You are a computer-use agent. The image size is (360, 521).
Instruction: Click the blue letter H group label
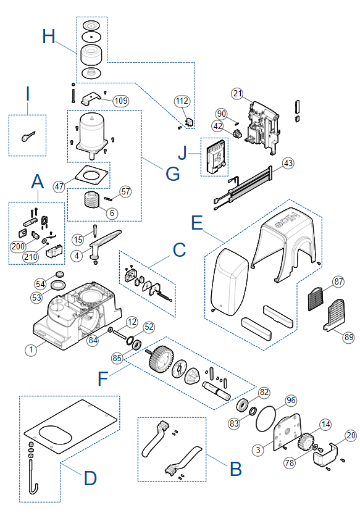coord(49,36)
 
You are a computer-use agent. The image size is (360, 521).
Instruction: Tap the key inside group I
coord(28,136)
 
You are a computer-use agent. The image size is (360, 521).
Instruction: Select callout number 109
coord(120,101)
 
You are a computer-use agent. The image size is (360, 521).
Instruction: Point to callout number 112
coord(182,101)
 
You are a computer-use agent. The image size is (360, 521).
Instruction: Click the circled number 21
coord(237,93)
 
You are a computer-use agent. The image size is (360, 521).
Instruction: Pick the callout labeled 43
coord(288,163)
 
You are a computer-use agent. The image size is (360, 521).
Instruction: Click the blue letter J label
coord(183,152)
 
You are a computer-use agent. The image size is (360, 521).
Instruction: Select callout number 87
coord(338,281)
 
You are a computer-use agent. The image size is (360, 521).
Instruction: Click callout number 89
coord(348,337)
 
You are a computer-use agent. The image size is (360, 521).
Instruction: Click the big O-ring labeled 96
coord(266,419)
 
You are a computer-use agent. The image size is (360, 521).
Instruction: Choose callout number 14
coord(325,425)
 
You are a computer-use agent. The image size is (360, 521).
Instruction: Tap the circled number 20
coord(351,435)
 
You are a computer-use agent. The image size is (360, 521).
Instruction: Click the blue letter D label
coord(90,478)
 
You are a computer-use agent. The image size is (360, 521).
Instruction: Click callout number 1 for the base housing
coord(31,349)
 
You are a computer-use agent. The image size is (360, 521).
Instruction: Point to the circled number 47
coord(59,186)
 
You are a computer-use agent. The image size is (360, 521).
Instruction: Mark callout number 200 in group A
coord(18,246)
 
